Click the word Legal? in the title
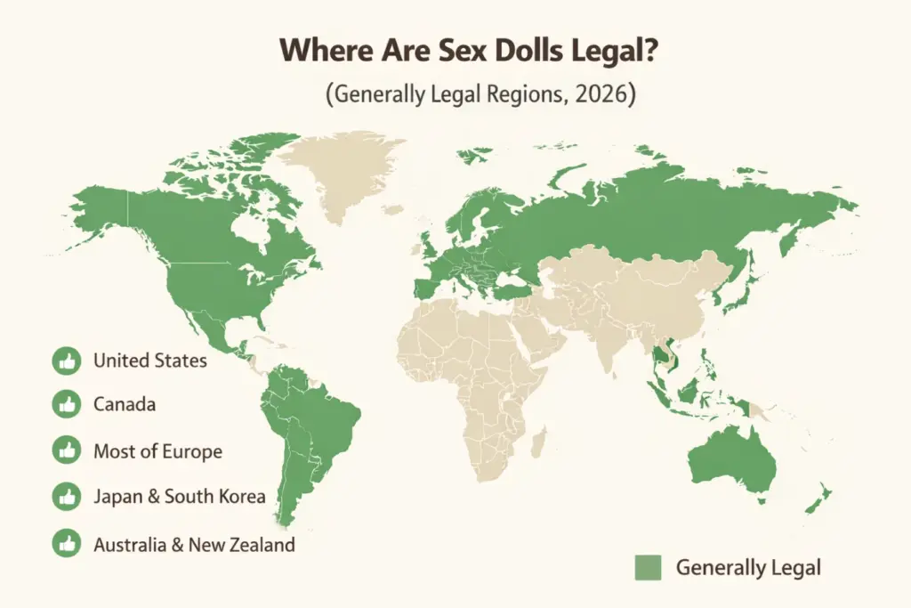coord(579,50)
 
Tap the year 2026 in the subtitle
coord(598,93)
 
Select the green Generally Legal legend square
coord(649,567)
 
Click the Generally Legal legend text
coord(748,567)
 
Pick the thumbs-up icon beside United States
coord(66,361)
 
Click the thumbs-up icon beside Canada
coord(66,404)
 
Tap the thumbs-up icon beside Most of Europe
coord(66,450)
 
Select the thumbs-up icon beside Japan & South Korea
coord(66,497)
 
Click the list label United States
coord(149,361)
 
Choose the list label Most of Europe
coord(157,450)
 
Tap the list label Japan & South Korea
coord(179,497)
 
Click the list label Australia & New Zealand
coord(193,544)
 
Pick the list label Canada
coord(124,404)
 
